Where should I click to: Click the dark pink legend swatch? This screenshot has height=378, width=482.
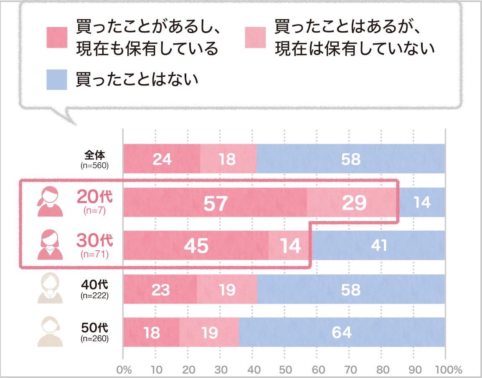(x=57, y=38)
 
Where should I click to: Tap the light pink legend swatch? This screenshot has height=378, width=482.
(x=255, y=38)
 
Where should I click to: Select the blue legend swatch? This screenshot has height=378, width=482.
(x=57, y=80)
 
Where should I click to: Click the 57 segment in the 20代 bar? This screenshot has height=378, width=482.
(x=215, y=202)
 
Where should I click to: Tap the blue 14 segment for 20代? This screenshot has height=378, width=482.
(x=422, y=202)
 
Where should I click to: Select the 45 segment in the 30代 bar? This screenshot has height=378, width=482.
(x=196, y=246)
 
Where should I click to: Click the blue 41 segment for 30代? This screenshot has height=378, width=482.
(x=379, y=246)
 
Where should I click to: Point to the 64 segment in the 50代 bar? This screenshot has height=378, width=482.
(x=342, y=332)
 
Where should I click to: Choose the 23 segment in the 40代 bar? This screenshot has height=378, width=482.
(x=160, y=289)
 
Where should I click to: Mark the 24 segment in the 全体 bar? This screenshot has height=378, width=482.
(x=162, y=159)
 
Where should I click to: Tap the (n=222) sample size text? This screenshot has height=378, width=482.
(x=94, y=296)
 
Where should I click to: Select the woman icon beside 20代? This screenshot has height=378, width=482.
(x=50, y=202)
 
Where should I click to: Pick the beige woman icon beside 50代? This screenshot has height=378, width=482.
(x=50, y=332)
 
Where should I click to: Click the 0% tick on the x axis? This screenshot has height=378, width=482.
(x=124, y=370)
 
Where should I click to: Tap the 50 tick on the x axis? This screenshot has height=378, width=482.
(x=285, y=370)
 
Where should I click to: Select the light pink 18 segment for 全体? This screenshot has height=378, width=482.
(x=228, y=159)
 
